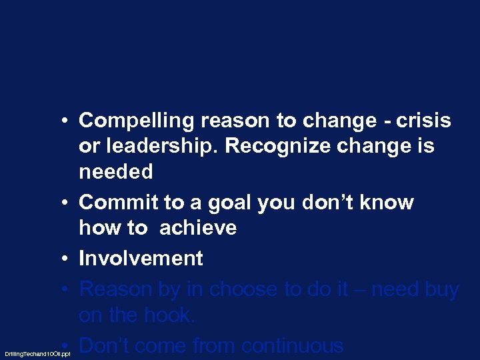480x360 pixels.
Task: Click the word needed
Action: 116,172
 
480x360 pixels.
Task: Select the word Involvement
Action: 141,258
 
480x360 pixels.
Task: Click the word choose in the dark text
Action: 247,289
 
